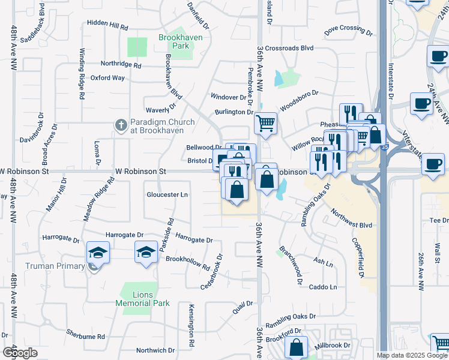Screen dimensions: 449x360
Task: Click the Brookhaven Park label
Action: pos(174,41)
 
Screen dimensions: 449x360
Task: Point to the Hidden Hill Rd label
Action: pos(107,28)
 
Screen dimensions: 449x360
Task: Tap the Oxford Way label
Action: pos(107,77)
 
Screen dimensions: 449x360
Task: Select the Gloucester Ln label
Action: pos(167,195)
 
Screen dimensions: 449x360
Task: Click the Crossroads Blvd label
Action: pos(289,48)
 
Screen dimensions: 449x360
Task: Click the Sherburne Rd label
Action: pos(85,335)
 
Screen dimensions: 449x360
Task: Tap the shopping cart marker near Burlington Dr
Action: pos(265,124)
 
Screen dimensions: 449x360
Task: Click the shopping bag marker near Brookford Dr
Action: pos(296,347)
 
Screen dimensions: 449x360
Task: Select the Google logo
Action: pos(20,352)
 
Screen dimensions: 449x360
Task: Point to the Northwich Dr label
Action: pos(155,350)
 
